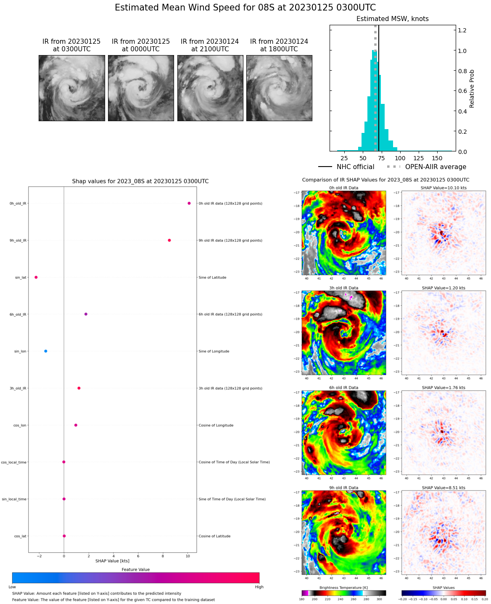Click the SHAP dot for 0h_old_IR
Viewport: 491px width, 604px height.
(x=189, y=203)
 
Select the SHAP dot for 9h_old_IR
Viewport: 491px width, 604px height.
(x=169, y=240)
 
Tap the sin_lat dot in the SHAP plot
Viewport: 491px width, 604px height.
(x=36, y=277)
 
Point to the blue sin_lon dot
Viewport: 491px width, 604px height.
(x=46, y=351)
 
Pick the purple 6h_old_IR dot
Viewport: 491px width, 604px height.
(x=86, y=314)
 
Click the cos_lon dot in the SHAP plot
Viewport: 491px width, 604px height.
(x=76, y=425)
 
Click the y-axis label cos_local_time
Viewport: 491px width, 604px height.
(x=13, y=462)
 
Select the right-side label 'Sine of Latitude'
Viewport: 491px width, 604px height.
(x=212, y=278)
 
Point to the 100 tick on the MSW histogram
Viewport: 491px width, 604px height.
(x=400, y=158)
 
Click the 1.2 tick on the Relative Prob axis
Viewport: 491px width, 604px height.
(x=462, y=30)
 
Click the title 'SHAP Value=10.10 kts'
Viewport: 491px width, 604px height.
(x=443, y=188)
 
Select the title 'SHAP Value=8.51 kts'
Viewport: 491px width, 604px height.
(x=443, y=488)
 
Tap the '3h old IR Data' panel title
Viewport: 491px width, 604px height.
(x=343, y=288)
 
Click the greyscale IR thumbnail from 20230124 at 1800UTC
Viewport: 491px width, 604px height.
(x=279, y=88)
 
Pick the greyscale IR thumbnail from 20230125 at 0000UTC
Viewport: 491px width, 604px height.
(x=141, y=88)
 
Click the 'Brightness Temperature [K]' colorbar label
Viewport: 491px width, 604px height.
(x=343, y=588)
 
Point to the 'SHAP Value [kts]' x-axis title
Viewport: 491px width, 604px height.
(x=112, y=561)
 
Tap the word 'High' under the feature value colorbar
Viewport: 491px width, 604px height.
(x=259, y=587)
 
